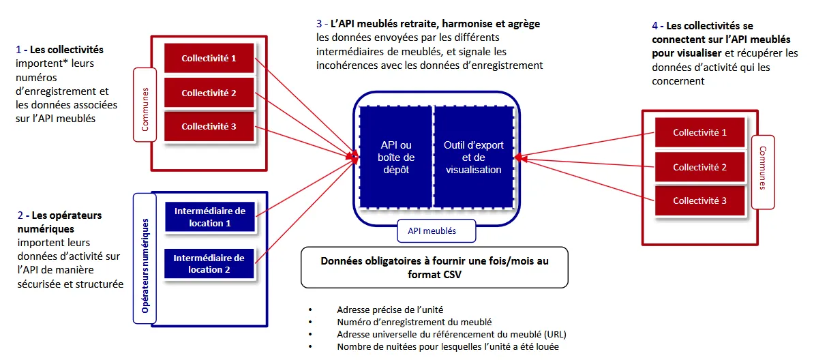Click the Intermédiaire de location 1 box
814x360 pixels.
pos(209,216)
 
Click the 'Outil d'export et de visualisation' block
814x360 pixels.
pos(473,157)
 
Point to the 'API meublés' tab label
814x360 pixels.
pos(432,231)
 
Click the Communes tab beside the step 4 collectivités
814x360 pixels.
pos(762,166)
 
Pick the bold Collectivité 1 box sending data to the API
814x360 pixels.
pos(209,58)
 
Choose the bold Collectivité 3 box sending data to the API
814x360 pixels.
pos(209,126)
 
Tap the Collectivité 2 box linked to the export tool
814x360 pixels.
pos(699,167)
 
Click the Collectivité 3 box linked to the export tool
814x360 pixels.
pos(699,200)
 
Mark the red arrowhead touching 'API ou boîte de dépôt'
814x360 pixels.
pos(355,157)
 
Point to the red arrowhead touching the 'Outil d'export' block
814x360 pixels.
pos(517,158)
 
